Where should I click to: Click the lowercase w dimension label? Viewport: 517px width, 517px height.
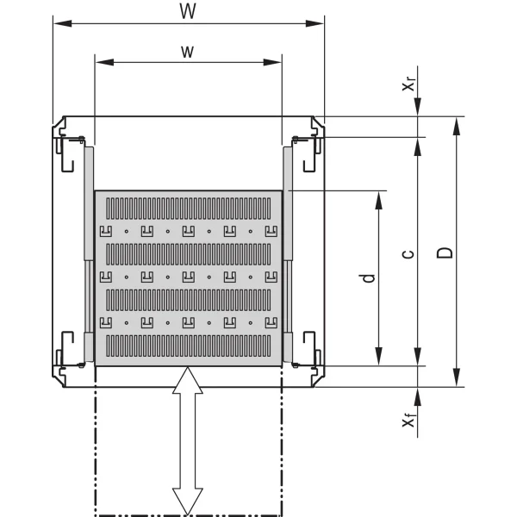[x=187, y=52]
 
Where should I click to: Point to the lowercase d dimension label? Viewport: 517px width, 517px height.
[x=368, y=278]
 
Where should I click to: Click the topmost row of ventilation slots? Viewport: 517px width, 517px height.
[x=188, y=208]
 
